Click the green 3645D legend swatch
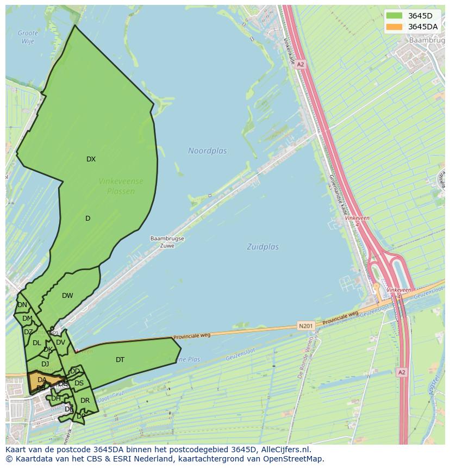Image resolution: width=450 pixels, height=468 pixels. pyautogui.click(x=394, y=16)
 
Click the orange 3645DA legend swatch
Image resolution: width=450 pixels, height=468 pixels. pyautogui.click(x=394, y=27)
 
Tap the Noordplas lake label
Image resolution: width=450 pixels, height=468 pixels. pyautogui.click(x=208, y=151)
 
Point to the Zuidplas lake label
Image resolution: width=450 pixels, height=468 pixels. pyautogui.click(x=262, y=247)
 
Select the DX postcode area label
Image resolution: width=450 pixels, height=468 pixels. pyautogui.click(x=91, y=159)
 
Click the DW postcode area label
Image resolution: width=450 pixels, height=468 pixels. pyautogui.click(x=67, y=296)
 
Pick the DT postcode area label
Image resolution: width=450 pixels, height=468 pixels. pyautogui.click(x=120, y=360)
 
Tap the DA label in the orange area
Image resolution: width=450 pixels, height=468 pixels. pyautogui.click(x=42, y=380)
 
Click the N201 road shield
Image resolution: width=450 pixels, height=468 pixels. pyautogui.click(x=305, y=326)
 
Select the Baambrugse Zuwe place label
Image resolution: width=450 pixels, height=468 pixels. pyautogui.click(x=167, y=242)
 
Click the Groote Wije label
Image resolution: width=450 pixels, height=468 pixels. pyautogui.click(x=28, y=37)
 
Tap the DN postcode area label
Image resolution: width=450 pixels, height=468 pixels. pyautogui.click(x=22, y=305)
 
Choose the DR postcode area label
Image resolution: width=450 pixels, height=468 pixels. pyautogui.click(x=85, y=401)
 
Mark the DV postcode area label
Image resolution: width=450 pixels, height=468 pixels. pyautogui.click(x=60, y=342)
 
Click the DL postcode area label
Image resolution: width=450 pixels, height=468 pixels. pyautogui.click(x=36, y=343)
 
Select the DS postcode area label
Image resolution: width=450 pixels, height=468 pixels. pyautogui.click(x=79, y=383)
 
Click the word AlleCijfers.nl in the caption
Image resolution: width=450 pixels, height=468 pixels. pyautogui.click(x=285, y=450)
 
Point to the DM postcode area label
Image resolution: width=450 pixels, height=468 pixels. pyautogui.click(x=27, y=319)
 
